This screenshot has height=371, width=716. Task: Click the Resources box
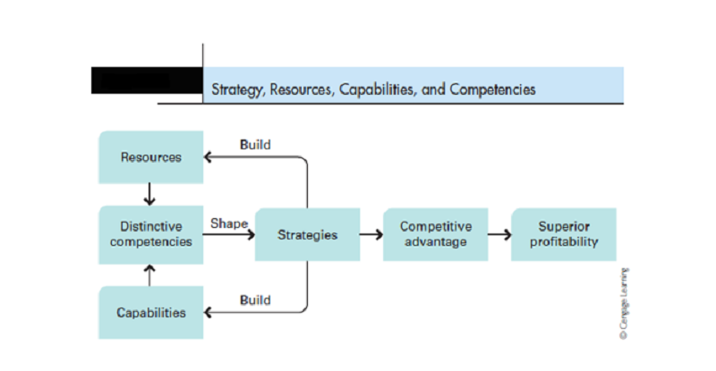(x=151, y=157)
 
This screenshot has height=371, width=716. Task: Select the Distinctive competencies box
(x=151, y=234)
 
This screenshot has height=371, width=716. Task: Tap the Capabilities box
(x=151, y=313)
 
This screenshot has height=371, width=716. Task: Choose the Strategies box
(x=307, y=234)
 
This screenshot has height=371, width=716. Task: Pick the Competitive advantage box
(x=436, y=234)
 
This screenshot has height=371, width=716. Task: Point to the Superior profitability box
(x=564, y=234)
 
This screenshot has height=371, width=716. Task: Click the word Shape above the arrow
(x=229, y=224)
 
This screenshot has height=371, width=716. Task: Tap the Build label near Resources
(x=255, y=145)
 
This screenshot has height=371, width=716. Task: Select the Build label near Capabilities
(x=255, y=300)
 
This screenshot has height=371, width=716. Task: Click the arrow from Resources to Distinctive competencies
(x=149, y=194)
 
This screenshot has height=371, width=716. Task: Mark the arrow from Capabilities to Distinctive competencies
(x=149, y=275)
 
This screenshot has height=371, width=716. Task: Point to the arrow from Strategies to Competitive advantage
(x=371, y=234)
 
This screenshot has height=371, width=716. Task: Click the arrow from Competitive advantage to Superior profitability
(x=499, y=234)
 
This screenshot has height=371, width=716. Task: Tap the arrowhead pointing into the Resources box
(x=208, y=157)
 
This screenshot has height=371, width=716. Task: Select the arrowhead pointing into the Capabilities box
(x=208, y=313)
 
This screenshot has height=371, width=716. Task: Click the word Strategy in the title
(x=238, y=89)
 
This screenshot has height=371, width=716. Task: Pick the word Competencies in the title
(x=492, y=89)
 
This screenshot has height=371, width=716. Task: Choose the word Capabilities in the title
(x=378, y=89)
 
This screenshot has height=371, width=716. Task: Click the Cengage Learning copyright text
(x=624, y=303)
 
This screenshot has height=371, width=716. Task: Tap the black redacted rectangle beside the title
(x=147, y=80)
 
